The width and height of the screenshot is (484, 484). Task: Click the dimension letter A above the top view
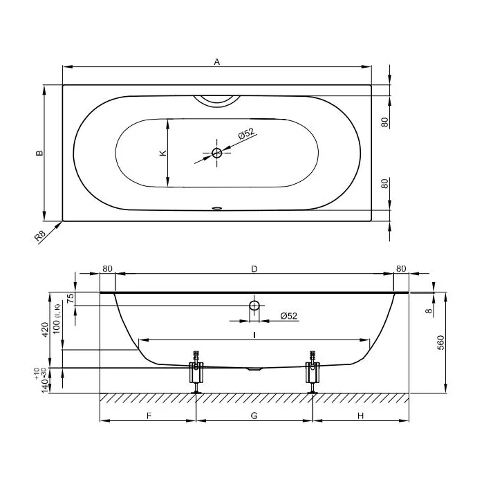point(217,62)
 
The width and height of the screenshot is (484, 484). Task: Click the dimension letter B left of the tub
point(39,153)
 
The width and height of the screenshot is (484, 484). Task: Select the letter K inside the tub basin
point(162,153)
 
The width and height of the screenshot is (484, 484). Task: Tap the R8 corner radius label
point(40,236)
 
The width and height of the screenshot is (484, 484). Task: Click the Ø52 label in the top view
point(247,133)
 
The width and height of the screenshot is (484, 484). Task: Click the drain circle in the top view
point(216,153)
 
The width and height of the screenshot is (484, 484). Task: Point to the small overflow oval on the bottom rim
point(217,208)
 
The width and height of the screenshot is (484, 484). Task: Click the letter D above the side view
point(254,269)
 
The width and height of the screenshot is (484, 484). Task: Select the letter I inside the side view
point(254,335)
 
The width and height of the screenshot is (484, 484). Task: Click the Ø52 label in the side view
point(289,316)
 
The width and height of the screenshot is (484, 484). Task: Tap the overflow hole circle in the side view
point(254,306)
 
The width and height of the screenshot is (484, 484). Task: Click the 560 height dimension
point(441,342)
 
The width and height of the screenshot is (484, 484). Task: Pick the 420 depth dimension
point(45,329)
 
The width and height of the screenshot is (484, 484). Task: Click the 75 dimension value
point(71,298)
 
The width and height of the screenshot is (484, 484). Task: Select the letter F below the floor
point(149,416)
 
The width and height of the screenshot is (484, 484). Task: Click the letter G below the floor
point(254,416)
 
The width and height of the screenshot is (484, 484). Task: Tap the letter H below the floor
point(360,416)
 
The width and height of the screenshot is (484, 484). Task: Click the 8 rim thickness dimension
point(429,311)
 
